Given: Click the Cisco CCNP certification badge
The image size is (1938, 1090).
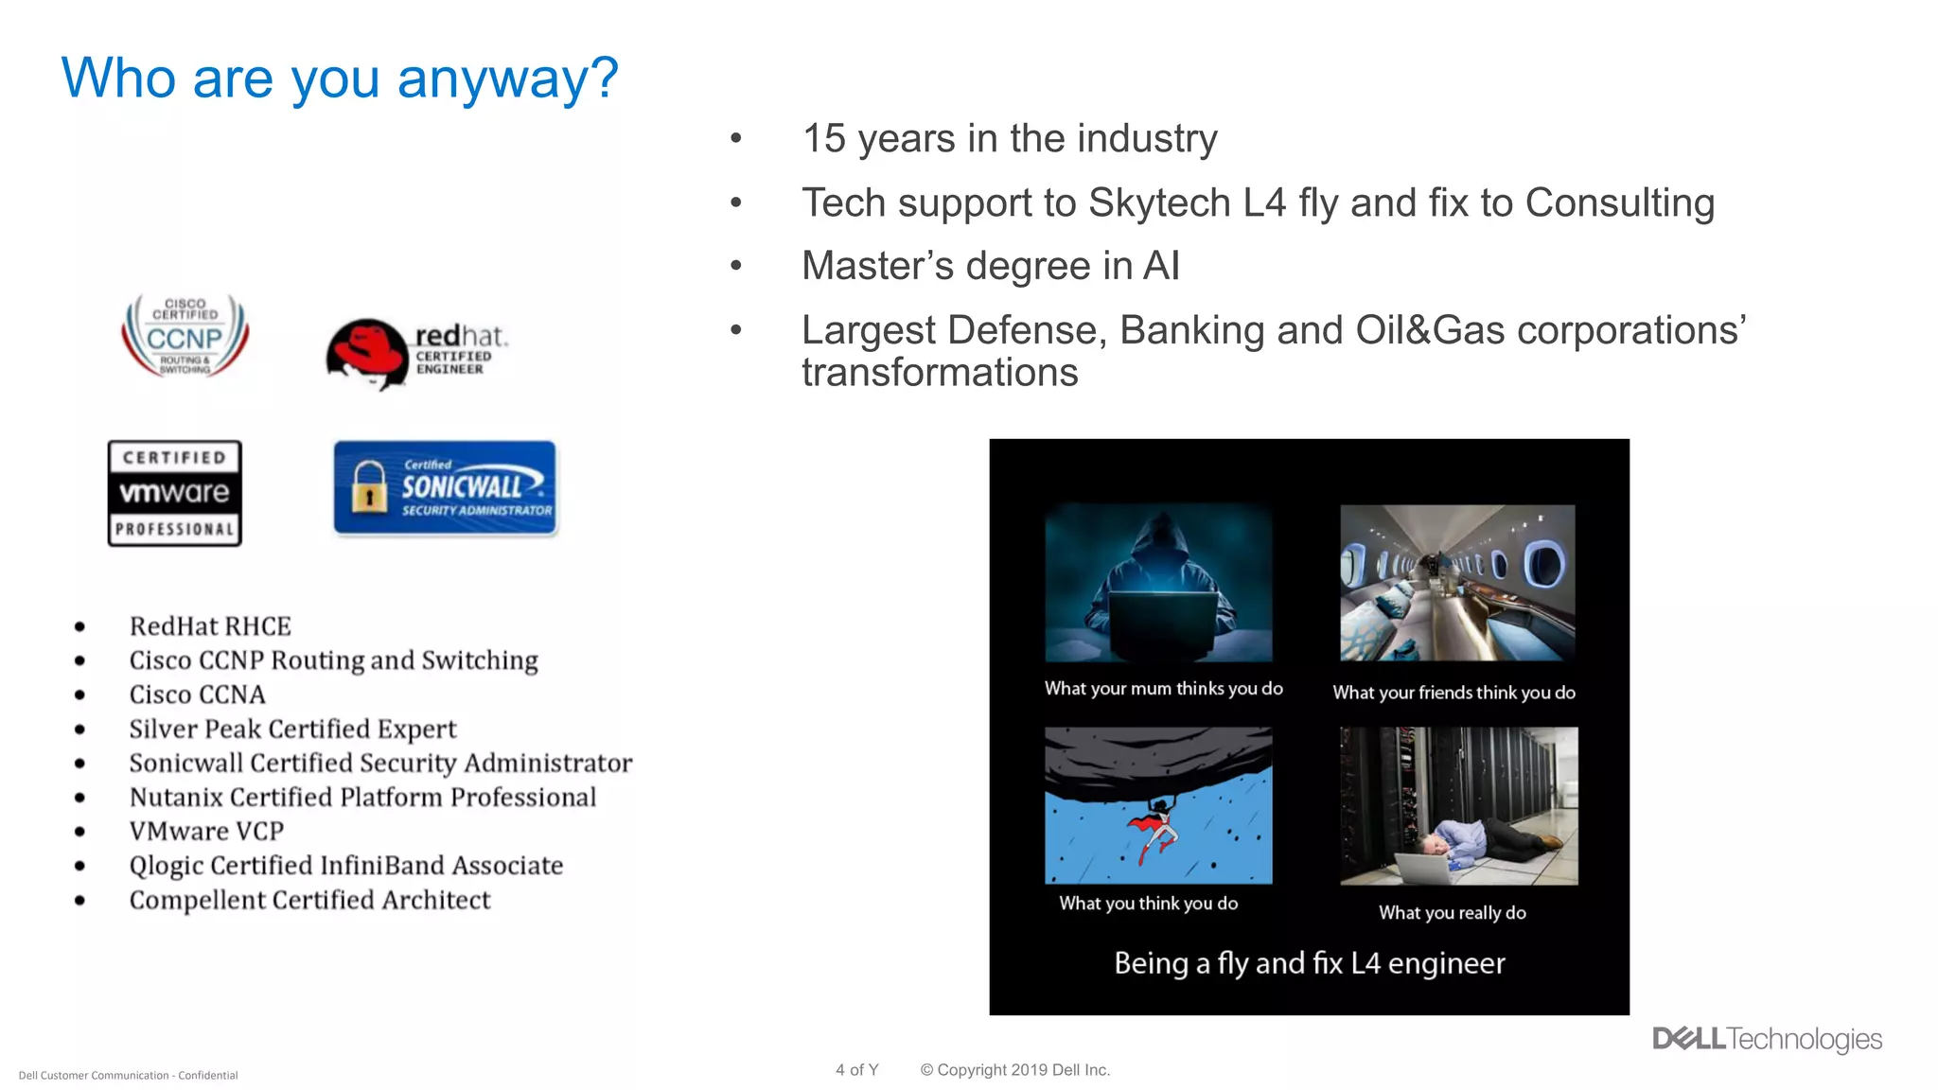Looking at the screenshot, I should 185,337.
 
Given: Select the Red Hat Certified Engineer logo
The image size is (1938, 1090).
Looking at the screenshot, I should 415,352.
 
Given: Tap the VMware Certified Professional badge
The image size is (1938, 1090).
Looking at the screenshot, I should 174,493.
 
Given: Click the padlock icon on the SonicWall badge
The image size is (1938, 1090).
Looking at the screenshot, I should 369,487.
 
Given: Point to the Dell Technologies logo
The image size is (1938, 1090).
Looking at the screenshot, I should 1767,1039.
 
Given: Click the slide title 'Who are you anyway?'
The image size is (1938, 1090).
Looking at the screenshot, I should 340,78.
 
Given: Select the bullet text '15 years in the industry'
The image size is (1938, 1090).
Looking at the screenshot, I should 1009,139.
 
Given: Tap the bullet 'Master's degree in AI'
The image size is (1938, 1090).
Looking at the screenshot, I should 990,266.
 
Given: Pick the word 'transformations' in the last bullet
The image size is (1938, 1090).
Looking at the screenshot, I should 940,373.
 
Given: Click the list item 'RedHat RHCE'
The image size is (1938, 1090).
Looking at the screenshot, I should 210,626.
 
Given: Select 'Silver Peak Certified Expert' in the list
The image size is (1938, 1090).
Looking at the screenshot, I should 292,729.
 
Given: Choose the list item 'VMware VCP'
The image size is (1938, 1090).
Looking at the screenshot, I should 206,831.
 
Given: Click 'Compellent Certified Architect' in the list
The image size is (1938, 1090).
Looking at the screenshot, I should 309,900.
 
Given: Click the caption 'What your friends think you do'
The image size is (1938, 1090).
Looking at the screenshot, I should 1453,693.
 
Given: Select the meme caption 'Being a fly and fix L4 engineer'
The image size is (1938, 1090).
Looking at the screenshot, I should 1309,963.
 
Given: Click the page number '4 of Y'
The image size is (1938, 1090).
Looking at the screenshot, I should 856,1070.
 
